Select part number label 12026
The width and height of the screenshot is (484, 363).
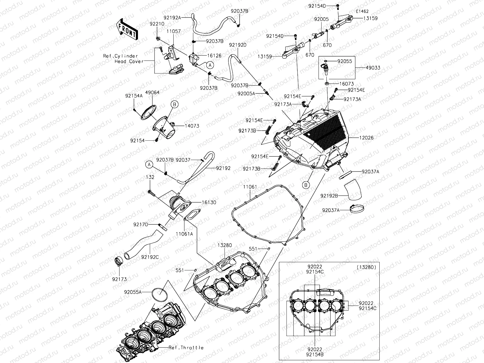[366, 138]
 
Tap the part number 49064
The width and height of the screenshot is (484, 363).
[152, 92]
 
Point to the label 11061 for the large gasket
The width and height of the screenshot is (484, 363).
[250, 187]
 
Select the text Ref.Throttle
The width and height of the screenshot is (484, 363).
[186, 348]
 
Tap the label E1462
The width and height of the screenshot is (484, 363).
[362, 11]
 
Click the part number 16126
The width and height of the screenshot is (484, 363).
[214, 56]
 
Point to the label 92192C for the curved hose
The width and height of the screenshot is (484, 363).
[150, 257]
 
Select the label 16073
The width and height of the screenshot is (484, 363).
[346, 84]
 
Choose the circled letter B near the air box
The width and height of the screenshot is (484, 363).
[306, 185]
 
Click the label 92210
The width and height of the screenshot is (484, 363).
[157, 23]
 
